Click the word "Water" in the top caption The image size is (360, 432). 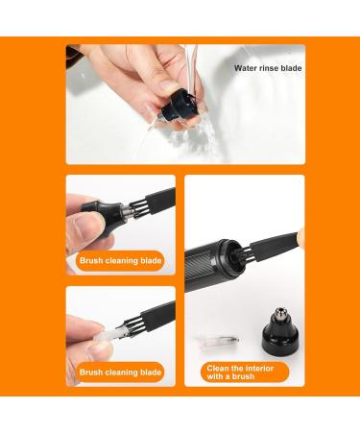[x=245, y=68]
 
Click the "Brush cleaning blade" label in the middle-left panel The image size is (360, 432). [x=121, y=260]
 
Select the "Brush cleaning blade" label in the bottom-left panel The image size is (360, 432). [x=121, y=372]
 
